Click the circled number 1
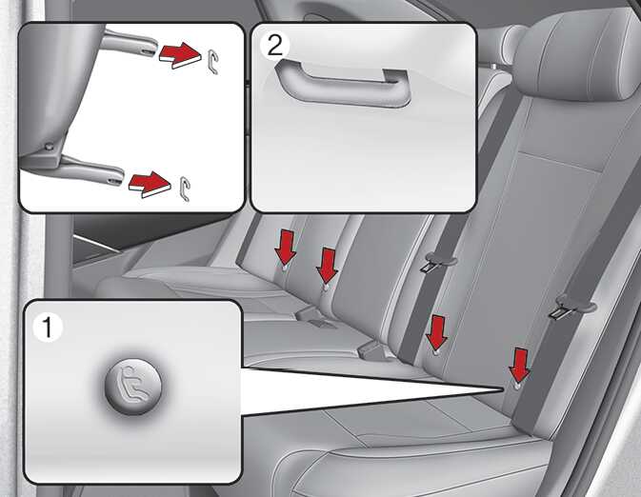(x=48, y=328)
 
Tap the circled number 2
(x=274, y=46)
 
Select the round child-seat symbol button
(x=133, y=388)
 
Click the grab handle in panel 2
(x=343, y=85)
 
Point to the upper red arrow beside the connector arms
(x=180, y=55)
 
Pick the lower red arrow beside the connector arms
(x=150, y=185)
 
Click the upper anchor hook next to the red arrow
(x=212, y=62)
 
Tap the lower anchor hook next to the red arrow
(x=185, y=189)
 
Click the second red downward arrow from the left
(x=327, y=265)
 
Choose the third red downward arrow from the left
(x=436, y=332)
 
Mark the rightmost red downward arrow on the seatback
(x=520, y=366)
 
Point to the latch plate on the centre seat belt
(x=429, y=267)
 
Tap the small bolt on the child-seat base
(x=50, y=147)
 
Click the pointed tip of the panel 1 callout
(x=502, y=389)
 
